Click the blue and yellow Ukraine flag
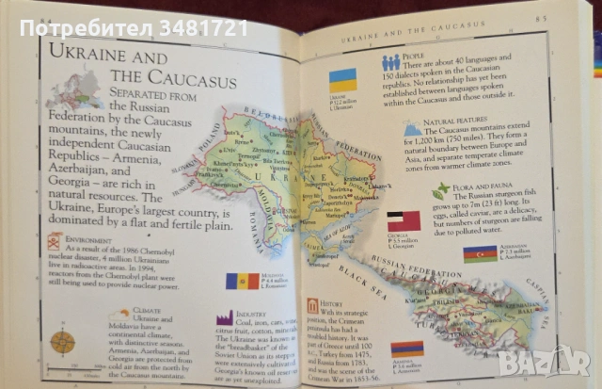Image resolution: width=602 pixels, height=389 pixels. pos(343,80)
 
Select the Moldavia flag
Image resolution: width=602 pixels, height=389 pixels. pos(243,281)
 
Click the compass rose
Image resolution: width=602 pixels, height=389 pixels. pos(64,341)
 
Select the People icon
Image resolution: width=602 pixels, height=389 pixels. pos(390,63)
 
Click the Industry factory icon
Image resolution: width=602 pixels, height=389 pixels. pos(225,317)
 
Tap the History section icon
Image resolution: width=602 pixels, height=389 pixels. pos(312,306)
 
